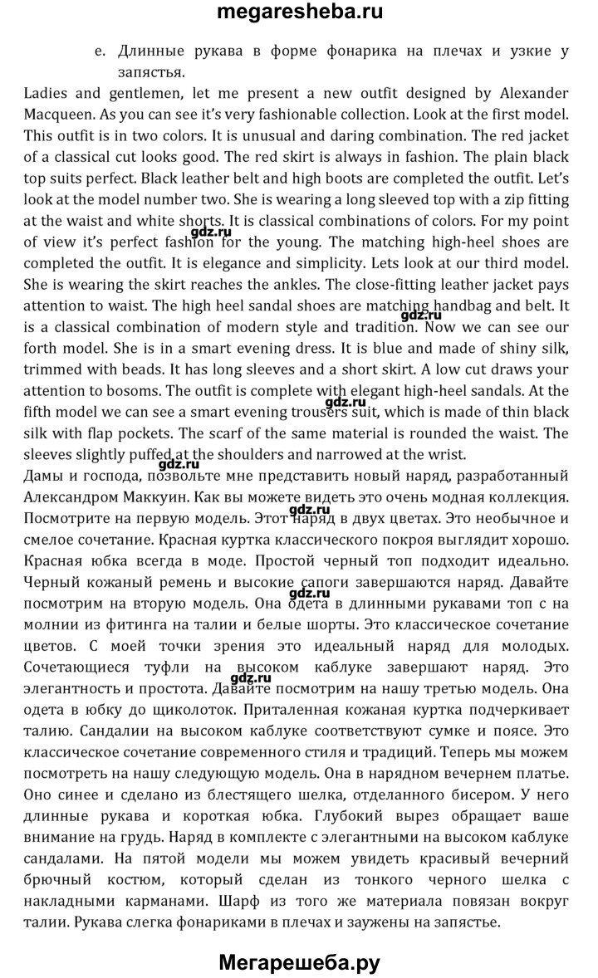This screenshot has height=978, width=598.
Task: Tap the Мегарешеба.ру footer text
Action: [299, 963]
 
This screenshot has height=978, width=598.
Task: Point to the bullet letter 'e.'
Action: [100, 51]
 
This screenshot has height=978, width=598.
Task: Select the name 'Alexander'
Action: [528, 91]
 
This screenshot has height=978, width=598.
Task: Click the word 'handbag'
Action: [459, 307]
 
